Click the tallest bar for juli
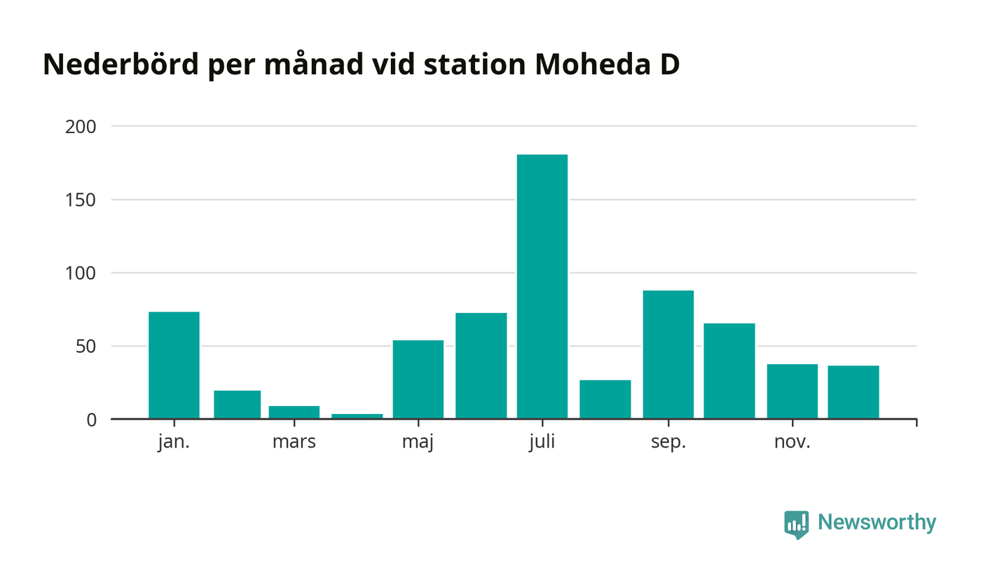(542, 286)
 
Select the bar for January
(174, 365)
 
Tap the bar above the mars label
(294, 412)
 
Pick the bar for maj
(418, 379)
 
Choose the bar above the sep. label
(668, 354)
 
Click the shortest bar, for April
(357, 416)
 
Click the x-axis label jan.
(174, 443)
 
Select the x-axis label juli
(542, 443)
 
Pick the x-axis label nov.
(792, 443)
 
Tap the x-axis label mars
(294, 443)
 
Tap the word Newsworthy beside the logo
(877, 522)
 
